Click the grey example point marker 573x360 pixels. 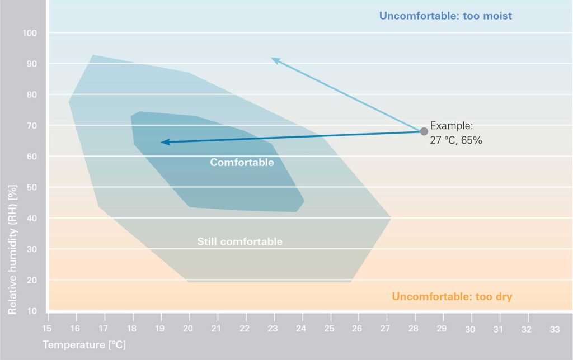pos(424,131)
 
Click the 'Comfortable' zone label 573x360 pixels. pos(242,163)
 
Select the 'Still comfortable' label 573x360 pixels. pos(239,242)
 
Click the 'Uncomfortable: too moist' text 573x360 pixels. pos(445,16)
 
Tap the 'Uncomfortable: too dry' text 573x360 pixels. pos(452,296)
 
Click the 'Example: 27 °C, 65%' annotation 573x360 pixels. pos(456,133)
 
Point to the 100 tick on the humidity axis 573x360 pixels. pos(30,34)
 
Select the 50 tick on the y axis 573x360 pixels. pos(32,187)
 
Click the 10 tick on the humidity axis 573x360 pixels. pos(32,311)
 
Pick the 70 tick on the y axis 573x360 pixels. pos(32,126)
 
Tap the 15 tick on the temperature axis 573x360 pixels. pos(47,329)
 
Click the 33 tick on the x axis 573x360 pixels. pos(554,329)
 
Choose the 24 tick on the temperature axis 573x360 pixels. pos(301,329)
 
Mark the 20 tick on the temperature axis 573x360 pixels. pos(189,329)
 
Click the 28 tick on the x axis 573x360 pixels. pos(414,329)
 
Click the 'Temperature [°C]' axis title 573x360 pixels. pos(84,345)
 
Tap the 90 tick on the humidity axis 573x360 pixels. pos(32,64)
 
